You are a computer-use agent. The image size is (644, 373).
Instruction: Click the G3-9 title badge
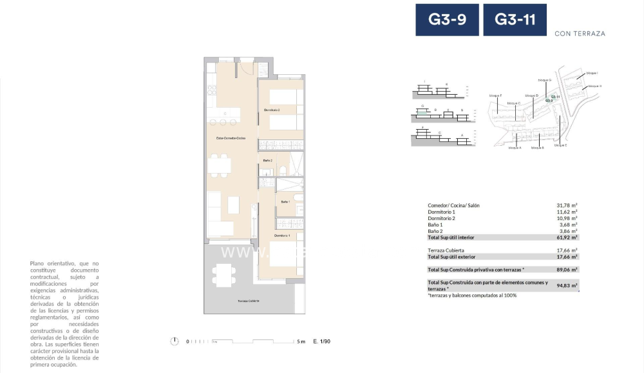pos(447,20)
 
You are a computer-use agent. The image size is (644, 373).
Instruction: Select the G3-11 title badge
pos(515,20)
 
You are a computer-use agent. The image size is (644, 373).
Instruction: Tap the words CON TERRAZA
pos(580,34)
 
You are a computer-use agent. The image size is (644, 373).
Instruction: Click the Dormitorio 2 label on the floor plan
pos(272,110)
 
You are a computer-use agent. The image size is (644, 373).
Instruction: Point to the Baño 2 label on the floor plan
pos(268,160)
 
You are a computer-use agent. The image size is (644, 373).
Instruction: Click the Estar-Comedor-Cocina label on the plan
pos(231,138)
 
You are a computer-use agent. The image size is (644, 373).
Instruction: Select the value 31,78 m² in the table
pos(567,206)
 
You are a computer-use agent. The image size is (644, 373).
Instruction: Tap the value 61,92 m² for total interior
pos(567,237)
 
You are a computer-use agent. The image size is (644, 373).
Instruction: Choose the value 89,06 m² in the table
pos(567,269)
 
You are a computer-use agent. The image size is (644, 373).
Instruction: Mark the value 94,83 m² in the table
pos(567,285)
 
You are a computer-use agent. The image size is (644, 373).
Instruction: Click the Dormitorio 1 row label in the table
pos(441,212)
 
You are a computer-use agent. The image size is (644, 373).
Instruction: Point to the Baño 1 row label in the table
pos(435,225)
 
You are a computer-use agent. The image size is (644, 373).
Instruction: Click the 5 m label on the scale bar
pos(301,341)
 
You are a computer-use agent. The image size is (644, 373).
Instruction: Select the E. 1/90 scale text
pos(321,341)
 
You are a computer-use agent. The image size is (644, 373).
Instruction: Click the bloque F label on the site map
pos(495,95)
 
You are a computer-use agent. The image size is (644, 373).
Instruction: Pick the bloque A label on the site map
pos(514,148)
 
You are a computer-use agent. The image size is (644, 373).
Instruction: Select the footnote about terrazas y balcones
pos(471,295)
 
